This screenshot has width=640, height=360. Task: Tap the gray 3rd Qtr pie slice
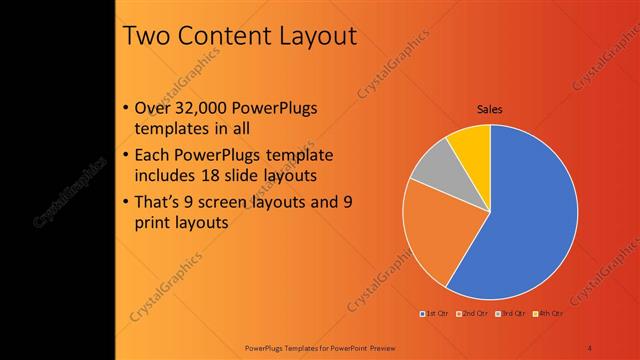[433, 165]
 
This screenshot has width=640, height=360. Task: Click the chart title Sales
[489, 109]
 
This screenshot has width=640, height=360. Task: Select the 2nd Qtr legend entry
[469, 314]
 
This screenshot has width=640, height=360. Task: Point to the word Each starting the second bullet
[151, 156]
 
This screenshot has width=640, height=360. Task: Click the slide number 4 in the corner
[589, 347]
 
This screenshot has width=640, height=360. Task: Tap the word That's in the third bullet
[157, 203]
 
